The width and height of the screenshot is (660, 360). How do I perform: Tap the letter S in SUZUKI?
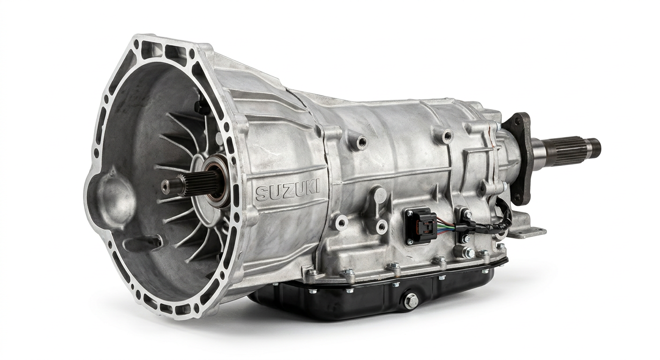point(261,194)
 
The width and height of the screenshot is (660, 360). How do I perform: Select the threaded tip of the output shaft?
point(594,146)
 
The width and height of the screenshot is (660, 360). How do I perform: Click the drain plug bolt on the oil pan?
point(411,300)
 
